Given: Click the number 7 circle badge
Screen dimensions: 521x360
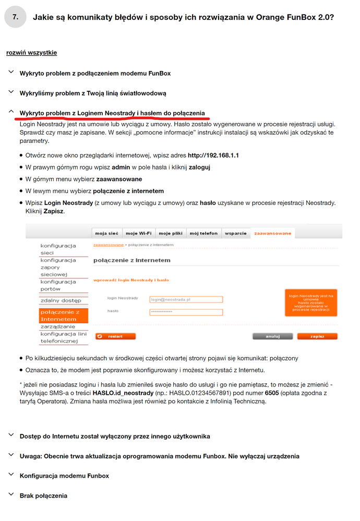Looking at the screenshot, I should point(16,17).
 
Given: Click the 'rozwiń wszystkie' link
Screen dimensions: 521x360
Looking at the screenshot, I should point(31,53).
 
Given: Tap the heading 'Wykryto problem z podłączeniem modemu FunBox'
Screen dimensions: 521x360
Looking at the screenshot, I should point(95,74).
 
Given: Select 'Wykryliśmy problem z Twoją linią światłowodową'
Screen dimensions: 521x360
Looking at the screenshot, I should point(93,93).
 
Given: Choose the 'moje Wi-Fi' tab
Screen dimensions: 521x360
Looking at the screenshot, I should point(138,233).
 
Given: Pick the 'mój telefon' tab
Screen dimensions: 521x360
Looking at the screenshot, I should point(203,233).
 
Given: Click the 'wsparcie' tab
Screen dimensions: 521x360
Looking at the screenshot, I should point(236,233).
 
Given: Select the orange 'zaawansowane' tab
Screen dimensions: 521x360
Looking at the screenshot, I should point(272,233).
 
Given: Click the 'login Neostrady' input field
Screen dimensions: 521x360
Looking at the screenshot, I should point(186,299).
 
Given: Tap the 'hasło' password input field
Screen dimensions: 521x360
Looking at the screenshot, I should point(186,312).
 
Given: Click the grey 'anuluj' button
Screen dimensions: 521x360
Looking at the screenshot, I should point(273,336).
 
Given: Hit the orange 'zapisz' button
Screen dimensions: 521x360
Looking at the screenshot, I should point(317,336).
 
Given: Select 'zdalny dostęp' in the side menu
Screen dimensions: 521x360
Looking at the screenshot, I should point(61,300).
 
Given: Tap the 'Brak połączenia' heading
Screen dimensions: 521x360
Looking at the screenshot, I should point(43,495).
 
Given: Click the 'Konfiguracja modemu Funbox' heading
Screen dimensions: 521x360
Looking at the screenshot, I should point(64,476).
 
